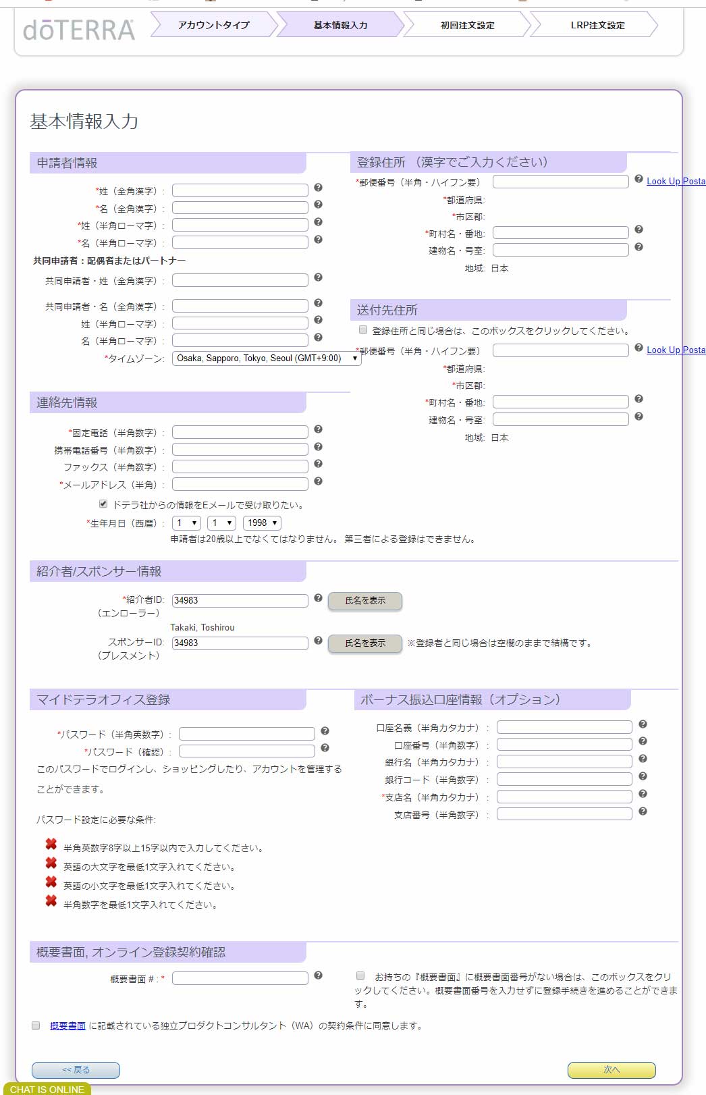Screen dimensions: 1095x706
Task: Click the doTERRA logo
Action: [x=78, y=30]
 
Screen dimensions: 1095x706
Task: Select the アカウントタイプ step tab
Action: [x=213, y=25]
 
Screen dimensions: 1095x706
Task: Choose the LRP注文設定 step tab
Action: [x=597, y=25]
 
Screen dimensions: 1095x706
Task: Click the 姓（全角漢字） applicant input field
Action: [x=240, y=190]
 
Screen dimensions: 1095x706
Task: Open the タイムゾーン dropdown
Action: [x=267, y=358]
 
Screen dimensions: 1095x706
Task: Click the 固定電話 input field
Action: [x=240, y=432]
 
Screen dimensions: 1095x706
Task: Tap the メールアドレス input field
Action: [x=240, y=484]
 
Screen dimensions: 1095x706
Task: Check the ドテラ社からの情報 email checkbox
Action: [x=103, y=504]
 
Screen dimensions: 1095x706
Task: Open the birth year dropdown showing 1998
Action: [x=262, y=523]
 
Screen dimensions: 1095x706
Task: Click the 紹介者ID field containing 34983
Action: [x=240, y=600]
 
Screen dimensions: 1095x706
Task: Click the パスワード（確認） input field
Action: [x=246, y=751]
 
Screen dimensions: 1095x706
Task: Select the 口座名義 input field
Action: [x=564, y=727]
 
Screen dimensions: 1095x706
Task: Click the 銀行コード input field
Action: [x=564, y=779]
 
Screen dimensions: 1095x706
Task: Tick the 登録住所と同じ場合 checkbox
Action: [x=363, y=330]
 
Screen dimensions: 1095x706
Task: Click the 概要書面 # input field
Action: [x=240, y=978]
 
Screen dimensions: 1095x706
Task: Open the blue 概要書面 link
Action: [x=67, y=1025]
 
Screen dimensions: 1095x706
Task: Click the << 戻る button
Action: [x=76, y=1069]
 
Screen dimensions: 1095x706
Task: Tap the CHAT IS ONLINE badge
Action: [x=47, y=1089]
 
